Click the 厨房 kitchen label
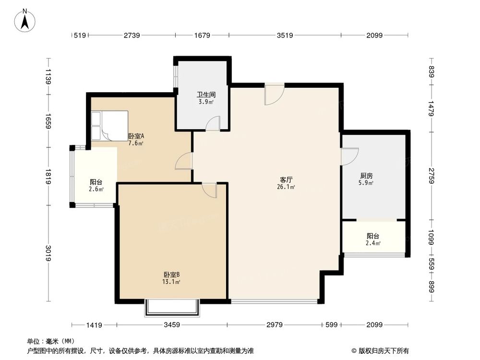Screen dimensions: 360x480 click(x=367, y=176)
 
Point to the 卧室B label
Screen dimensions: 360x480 click(x=171, y=275)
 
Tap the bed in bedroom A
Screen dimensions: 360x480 click(x=110, y=126)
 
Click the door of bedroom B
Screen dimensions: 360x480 click(x=210, y=190)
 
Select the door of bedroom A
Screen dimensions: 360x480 click(x=184, y=161)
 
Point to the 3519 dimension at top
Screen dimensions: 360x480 click(x=285, y=35)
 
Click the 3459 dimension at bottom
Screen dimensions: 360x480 click(x=171, y=325)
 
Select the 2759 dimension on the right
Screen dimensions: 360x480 click(x=432, y=176)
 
